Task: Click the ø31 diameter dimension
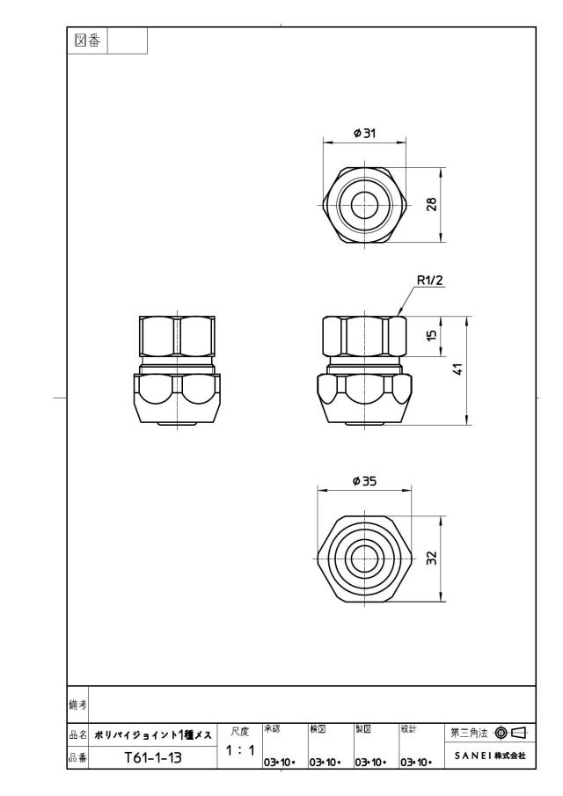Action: click(364, 133)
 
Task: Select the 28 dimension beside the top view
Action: click(432, 205)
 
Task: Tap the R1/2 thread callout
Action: click(429, 280)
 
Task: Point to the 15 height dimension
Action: click(432, 335)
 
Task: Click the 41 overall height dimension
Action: click(458, 369)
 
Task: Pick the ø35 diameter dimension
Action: click(364, 480)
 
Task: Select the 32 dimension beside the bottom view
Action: click(432, 559)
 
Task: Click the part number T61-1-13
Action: click(153, 758)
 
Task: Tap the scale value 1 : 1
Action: click(239, 749)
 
